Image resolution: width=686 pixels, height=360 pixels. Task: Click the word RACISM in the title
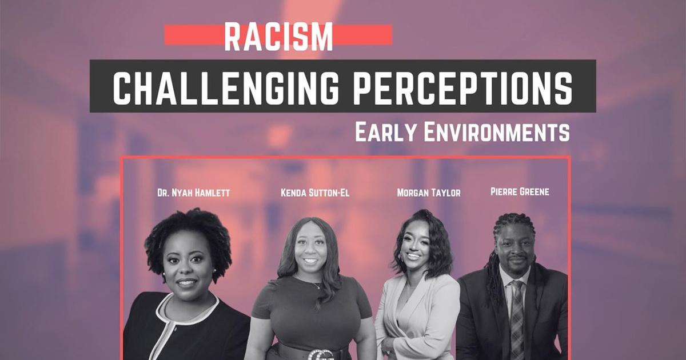pos(278,36)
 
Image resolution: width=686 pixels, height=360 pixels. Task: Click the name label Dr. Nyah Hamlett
pos(193,193)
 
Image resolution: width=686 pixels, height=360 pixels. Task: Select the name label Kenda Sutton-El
pos(314,193)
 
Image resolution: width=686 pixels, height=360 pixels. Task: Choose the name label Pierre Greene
pos(520,191)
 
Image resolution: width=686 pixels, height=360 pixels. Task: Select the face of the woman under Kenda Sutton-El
pos(311,251)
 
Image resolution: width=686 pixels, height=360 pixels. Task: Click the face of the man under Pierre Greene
pos(513,249)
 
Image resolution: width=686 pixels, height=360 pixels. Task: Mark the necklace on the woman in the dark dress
pos(313,283)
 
